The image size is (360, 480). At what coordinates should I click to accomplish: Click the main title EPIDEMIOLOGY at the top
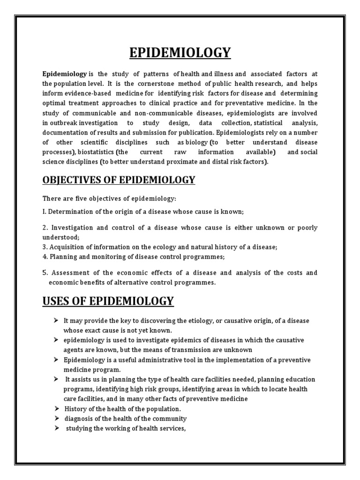180,53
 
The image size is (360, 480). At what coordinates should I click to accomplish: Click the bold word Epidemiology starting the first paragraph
64,74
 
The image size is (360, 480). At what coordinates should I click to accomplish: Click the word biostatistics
96,152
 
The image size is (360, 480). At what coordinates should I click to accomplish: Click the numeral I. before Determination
45,212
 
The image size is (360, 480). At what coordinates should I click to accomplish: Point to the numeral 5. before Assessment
45,273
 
